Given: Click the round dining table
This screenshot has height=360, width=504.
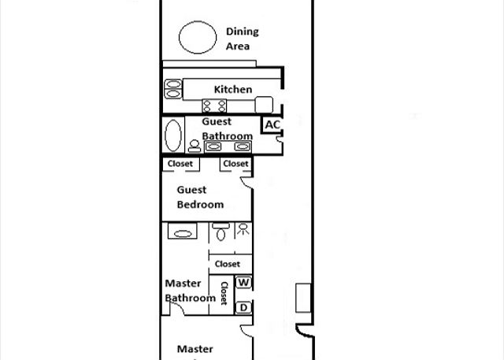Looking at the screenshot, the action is click(x=198, y=37).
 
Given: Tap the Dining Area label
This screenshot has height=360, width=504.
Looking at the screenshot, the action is click(x=242, y=39).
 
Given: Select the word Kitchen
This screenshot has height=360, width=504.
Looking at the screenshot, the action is click(x=233, y=89).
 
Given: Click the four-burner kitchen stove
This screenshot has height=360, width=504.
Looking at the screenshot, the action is click(x=214, y=106).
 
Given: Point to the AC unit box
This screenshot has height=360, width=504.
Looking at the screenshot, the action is click(x=272, y=124).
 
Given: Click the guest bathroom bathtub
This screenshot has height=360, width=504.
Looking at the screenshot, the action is click(x=173, y=135).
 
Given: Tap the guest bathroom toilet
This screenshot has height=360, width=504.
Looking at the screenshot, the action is click(x=195, y=146).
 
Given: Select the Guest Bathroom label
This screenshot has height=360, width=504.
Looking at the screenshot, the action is click(x=228, y=129).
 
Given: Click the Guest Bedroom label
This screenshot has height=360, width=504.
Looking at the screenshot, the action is click(x=200, y=197).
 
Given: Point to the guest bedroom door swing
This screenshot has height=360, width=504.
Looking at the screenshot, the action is click(x=246, y=182).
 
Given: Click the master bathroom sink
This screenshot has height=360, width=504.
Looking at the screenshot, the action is click(x=182, y=232).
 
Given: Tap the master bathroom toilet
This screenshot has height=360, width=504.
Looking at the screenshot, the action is click(x=220, y=232).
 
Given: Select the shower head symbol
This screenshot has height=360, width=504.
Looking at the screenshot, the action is click(x=243, y=229).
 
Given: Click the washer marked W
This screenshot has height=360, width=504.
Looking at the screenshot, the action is click(x=243, y=283).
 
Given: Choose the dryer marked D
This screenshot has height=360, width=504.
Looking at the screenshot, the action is click(x=243, y=307).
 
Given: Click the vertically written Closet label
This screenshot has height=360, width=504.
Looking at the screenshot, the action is click(x=224, y=293).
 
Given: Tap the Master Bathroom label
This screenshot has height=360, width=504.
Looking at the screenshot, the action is click(x=190, y=291).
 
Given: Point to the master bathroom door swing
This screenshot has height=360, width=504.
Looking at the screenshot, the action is click(x=177, y=309).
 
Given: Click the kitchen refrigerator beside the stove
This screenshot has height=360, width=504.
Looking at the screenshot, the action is click(x=264, y=105).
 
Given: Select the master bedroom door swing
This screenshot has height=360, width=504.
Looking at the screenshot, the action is click(x=246, y=331).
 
